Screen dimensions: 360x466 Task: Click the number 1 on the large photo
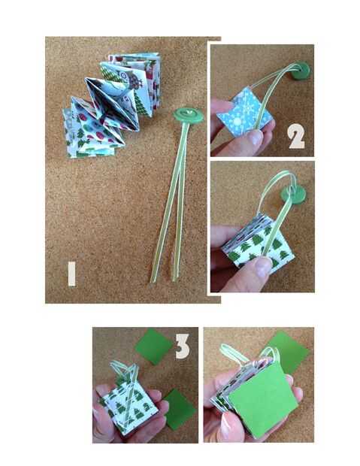point(71,274)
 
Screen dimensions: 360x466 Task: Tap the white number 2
point(296,136)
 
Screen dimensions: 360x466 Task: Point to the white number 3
point(182,346)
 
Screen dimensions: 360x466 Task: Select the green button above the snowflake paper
point(300,70)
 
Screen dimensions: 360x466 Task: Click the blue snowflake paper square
point(244,111)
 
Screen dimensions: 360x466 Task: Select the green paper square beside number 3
point(153,346)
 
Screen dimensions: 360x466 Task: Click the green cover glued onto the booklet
point(262,401)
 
